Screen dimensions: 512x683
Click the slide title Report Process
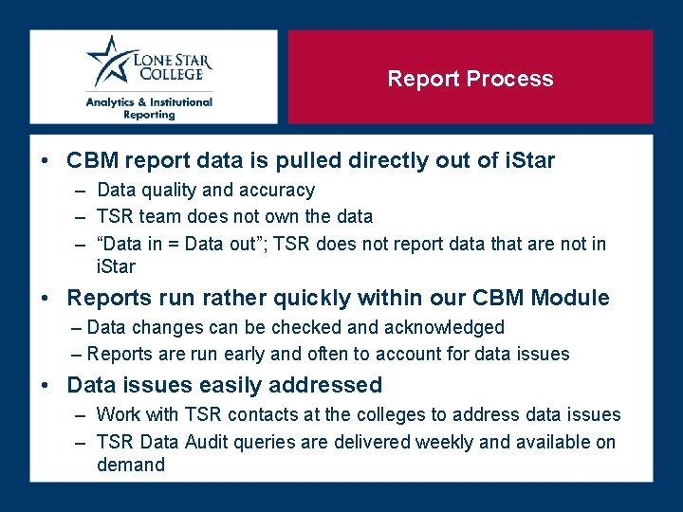tap(470, 79)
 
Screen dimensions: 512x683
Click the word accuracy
tap(276, 191)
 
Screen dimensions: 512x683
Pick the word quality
tap(170, 191)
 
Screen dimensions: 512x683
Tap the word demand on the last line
tap(131, 465)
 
